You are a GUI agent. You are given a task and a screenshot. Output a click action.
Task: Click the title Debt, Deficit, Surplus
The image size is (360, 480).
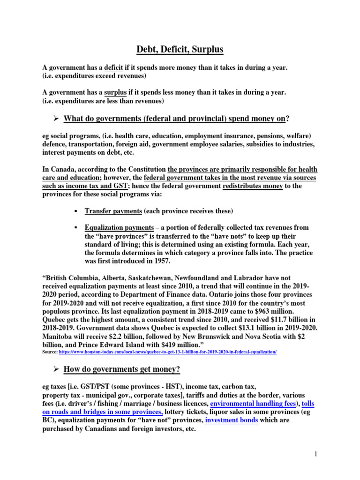[x=180, y=49]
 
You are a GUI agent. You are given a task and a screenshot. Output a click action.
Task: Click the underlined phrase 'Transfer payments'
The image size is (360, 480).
[x=113, y=211]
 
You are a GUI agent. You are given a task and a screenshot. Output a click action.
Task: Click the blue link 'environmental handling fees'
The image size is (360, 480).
[x=253, y=404]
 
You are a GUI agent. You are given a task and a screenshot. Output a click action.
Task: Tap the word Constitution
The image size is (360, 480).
[x=143, y=169]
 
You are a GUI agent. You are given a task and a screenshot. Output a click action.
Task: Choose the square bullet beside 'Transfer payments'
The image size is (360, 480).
[x=75, y=211]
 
